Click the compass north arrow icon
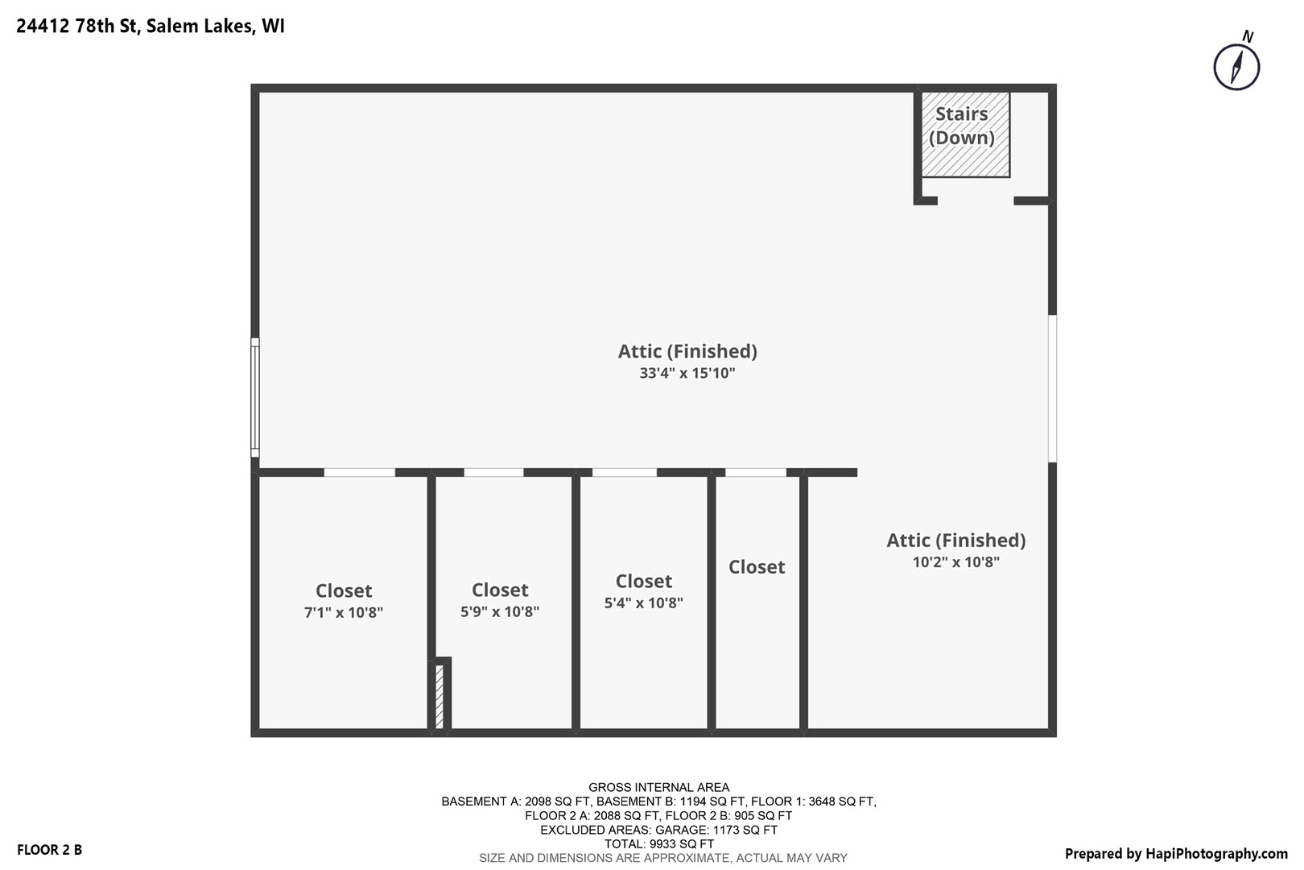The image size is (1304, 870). pyautogui.click(x=1236, y=67)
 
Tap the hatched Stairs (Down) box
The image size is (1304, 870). pyautogui.click(x=964, y=134)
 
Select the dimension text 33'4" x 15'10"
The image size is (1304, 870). pyautogui.click(x=687, y=374)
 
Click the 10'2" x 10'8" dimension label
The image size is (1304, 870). pyautogui.click(x=955, y=562)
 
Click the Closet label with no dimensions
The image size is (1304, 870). pyautogui.click(x=757, y=567)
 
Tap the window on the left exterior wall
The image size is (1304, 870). pyautogui.click(x=255, y=397)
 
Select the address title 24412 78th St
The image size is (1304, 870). pyautogui.click(x=151, y=26)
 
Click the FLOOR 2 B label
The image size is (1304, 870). pyautogui.click(x=49, y=850)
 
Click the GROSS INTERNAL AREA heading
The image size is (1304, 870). pyautogui.click(x=658, y=787)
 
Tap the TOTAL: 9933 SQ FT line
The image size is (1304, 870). pyautogui.click(x=658, y=844)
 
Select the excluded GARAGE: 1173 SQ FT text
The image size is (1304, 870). pyautogui.click(x=658, y=830)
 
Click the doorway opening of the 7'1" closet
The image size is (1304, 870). pyautogui.click(x=359, y=473)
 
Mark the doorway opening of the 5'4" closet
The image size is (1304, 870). pyautogui.click(x=625, y=473)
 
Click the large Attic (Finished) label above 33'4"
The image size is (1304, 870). pyautogui.click(x=687, y=351)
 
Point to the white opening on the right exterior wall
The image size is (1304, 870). pyautogui.click(x=1052, y=388)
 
